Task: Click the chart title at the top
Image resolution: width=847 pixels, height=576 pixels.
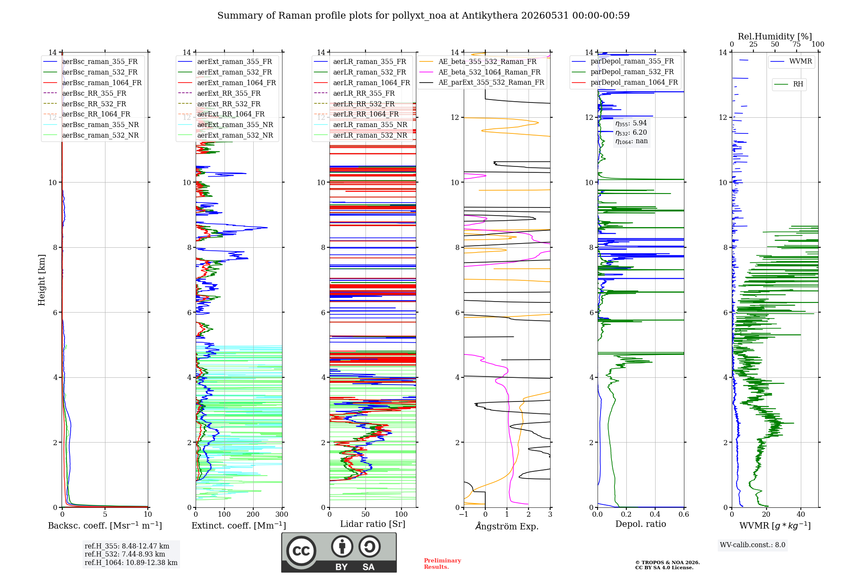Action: pyautogui.click(x=423, y=16)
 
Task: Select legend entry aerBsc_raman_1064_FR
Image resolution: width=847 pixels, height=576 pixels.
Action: pyautogui.click(x=93, y=83)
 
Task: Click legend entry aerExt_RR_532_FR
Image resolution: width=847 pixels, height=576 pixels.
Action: pyautogui.click(x=219, y=104)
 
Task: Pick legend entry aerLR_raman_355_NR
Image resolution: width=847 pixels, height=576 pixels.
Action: pyautogui.click(x=361, y=125)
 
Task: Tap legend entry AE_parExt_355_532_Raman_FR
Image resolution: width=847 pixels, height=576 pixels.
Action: pyautogui.click(x=482, y=82)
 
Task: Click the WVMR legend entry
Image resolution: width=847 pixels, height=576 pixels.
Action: pyautogui.click(x=792, y=61)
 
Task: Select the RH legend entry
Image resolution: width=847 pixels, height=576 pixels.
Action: pyautogui.click(x=789, y=84)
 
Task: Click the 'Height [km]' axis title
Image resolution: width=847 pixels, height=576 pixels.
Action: pyautogui.click(x=42, y=280)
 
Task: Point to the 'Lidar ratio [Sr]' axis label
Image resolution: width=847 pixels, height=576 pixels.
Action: pyautogui.click(x=373, y=524)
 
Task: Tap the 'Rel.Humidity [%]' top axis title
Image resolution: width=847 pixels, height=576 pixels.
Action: pyautogui.click(x=775, y=36)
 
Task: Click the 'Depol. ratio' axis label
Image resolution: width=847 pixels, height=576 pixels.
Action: pyautogui.click(x=641, y=524)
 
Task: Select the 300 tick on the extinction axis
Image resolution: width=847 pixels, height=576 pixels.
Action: pyautogui.click(x=282, y=514)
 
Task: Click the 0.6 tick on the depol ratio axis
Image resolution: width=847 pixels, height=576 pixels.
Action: pyautogui.click(x=684, y=514)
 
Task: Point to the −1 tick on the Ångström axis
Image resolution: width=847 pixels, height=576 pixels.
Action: pyautogui.click(x=464, y=514)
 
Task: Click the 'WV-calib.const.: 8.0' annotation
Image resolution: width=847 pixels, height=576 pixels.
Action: pyautogui.click(x=753, y=545)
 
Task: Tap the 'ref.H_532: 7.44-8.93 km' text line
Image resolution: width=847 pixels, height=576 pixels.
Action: pyautogui.click(x=125, y=554)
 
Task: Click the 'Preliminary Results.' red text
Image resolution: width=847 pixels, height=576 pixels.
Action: pyautogui.click(x=443, y=564)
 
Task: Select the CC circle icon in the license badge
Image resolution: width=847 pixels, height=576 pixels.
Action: pyautogui.click(x=301, y=551)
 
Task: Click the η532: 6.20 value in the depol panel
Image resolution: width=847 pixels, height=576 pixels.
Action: pyautogui.click(x=631, y=132)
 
